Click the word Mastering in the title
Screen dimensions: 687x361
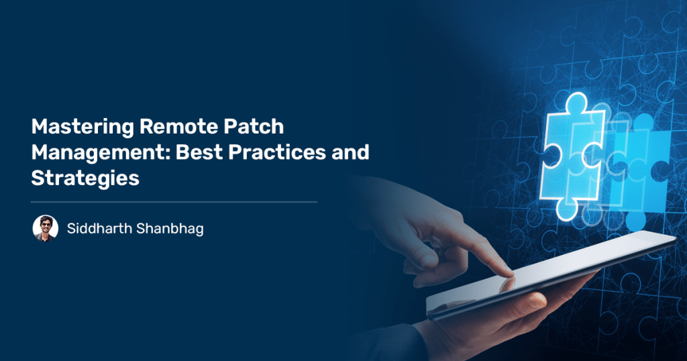point(83,127)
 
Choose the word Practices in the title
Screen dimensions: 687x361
point(277,152)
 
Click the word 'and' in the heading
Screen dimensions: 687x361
point(350,152)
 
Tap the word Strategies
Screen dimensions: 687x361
point(85,178)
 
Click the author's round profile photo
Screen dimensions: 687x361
point(46,228)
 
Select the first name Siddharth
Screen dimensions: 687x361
point(99,228)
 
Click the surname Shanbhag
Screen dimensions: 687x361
point(170,229)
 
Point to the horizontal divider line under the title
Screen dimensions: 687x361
point(174,202)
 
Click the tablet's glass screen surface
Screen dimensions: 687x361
point(547,272)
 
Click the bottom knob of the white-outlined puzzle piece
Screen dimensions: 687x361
point(567,210)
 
